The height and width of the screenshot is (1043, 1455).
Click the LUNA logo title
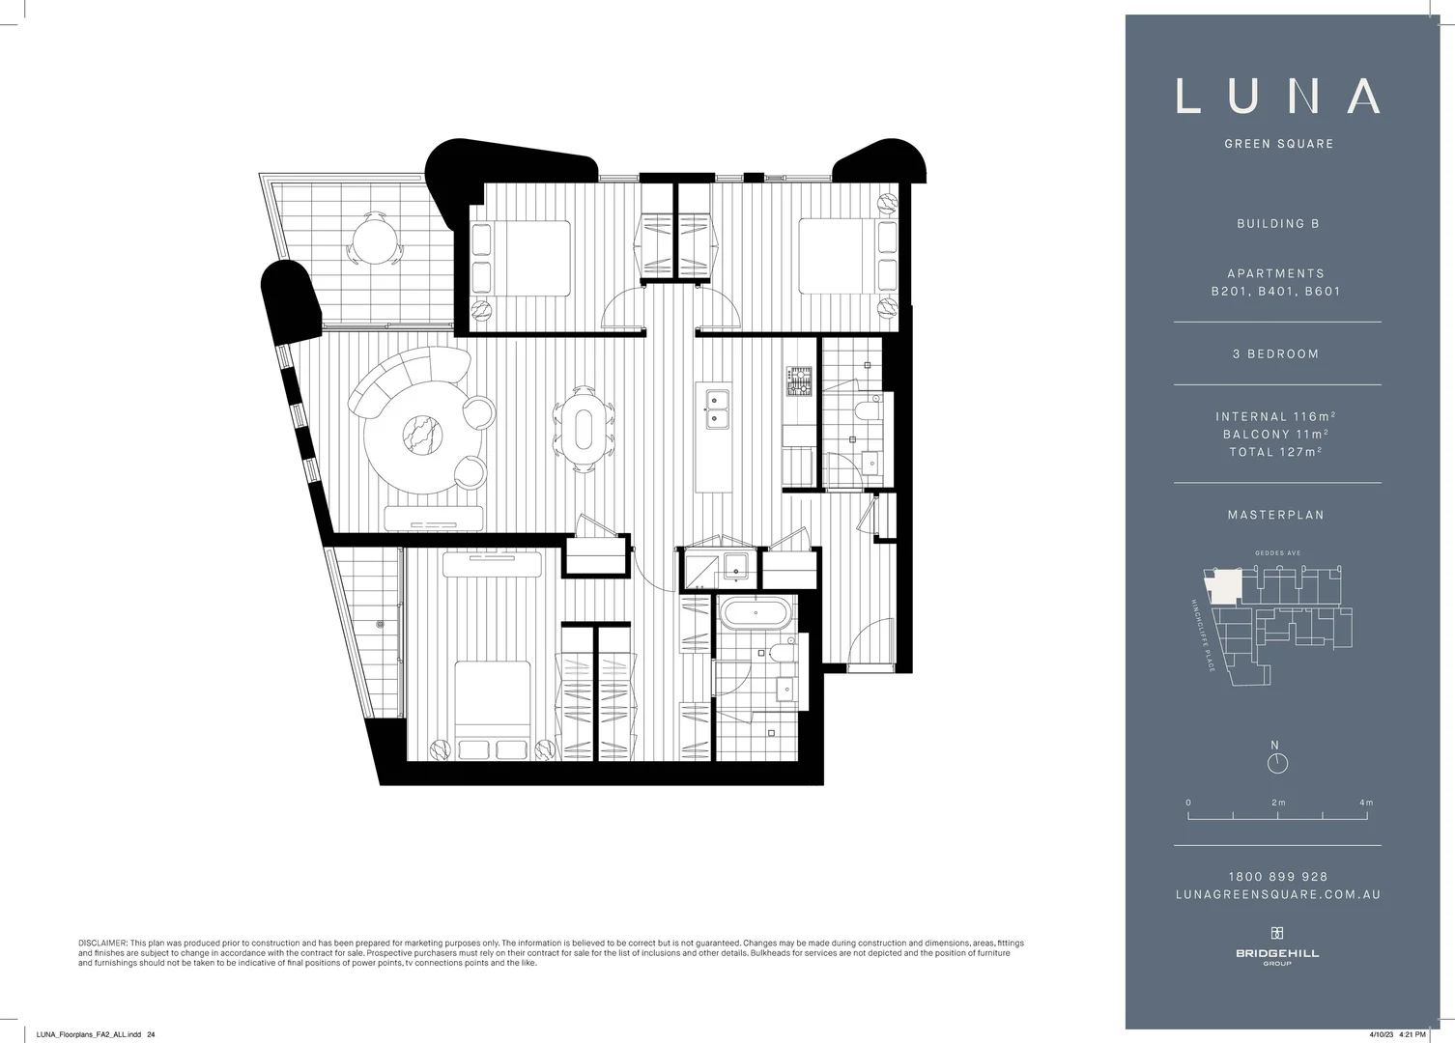(1277, 96)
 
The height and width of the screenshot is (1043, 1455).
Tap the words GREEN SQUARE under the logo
(1278, 144)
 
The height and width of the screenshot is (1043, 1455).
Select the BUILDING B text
(1277, 224)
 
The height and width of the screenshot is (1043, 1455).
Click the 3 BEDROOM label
(1275, 354)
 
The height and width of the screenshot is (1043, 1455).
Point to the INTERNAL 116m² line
(1275, 416)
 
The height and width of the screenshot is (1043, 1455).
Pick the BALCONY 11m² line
(1275, 435)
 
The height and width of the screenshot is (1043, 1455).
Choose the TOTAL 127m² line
(1275, 452)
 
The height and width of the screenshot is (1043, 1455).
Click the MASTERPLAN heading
(1275, 516)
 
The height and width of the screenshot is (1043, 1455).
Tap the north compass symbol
(1277, 763)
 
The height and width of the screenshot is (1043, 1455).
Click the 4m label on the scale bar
(1365, 803)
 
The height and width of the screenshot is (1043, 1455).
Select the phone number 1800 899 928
(1277, 877)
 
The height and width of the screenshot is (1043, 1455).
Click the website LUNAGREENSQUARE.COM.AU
(1277, 895)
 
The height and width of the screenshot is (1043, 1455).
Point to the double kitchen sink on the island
(717, 409)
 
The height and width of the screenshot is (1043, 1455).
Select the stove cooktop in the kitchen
(798, 381)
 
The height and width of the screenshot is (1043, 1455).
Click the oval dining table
(584, 429)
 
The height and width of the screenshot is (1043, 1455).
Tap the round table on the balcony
(372, 238)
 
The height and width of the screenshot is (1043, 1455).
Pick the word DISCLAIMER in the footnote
(102, 943)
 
